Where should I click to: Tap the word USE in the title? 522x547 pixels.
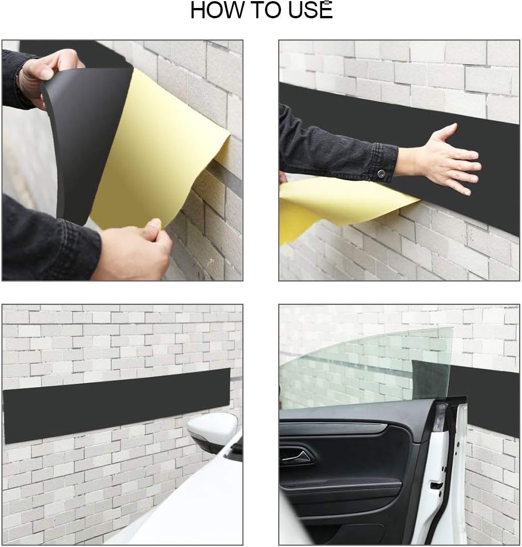point(311,10)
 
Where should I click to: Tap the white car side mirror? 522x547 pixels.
point(212,431)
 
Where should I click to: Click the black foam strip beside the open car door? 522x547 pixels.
point(491,400)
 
